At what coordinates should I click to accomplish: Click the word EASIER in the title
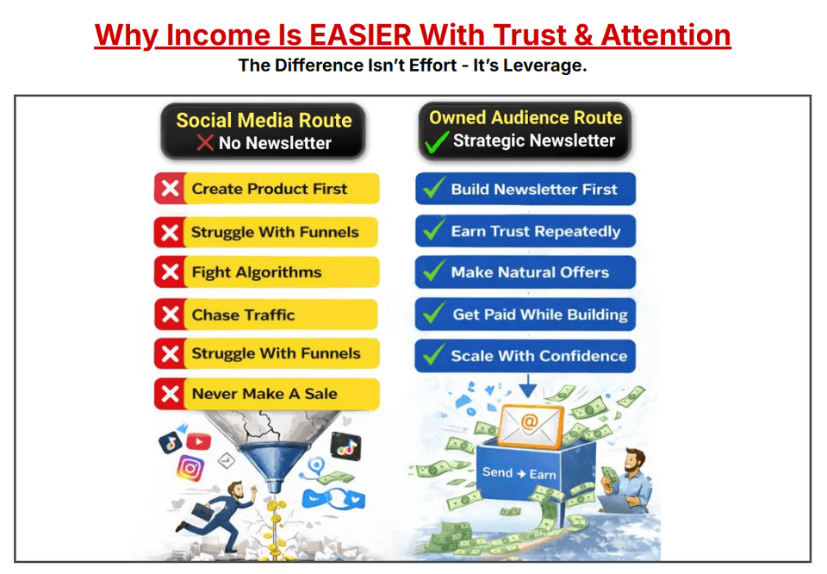click(360, 35)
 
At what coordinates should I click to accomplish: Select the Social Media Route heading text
click(264, 121)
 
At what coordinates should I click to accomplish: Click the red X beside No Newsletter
click(205, 142)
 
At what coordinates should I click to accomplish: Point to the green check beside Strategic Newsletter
click(438, 142)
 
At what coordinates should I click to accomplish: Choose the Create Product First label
click(270, 189)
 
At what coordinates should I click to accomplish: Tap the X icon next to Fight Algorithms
click(170, 272)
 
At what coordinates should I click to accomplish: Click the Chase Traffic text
click(243, 315)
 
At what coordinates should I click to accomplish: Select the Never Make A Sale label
click(264, 394)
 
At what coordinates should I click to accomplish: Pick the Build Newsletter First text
click(534, 190)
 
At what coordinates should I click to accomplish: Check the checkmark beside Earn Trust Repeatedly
click(434, 229)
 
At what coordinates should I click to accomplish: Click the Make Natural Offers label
click(530, 272)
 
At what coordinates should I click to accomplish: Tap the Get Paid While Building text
click(540, 315)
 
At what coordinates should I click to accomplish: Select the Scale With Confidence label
click(539, 356)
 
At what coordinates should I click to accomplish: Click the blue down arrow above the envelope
click(528, 386)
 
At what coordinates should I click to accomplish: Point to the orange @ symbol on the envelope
click(529, 421)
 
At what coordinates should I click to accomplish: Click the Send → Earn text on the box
click(519, 473)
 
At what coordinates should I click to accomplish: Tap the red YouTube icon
click(198, 440)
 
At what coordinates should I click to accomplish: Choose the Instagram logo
click(190, 468)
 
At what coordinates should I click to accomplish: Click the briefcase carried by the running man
click(203, 511)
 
